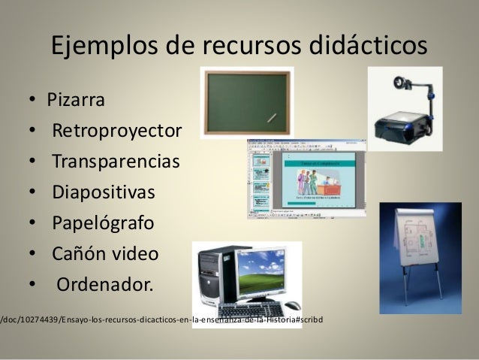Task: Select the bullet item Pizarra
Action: coord(76,100)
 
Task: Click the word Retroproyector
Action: coord(116,132)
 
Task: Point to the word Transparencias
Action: coord(116,162)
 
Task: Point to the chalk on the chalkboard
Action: coord(272,118)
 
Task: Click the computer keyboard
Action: coord(251,308)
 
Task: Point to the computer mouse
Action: coord(291,305)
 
